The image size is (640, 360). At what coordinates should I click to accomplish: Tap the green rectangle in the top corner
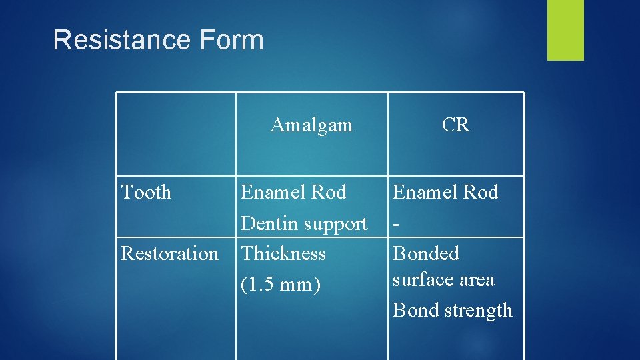pos(565,30)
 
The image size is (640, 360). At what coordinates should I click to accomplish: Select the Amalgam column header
pos(311,125)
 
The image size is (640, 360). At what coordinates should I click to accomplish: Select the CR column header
pos(455,125)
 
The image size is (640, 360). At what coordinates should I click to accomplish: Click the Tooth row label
pos(146,193)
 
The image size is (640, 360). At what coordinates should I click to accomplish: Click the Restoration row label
pos(169,254)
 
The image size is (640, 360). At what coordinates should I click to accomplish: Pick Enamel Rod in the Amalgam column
pos(293,193)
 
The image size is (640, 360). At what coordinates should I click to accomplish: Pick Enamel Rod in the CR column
pos(445,193)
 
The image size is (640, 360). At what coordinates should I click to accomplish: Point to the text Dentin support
pos(304,224)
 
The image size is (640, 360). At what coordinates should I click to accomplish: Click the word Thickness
pos(283,254)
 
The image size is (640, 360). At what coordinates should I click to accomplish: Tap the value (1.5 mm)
pos(281,285)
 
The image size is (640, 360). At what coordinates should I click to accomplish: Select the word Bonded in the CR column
pos(426,254)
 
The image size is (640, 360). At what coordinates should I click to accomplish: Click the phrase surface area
pos(443,280)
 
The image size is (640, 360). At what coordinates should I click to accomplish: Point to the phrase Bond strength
pos(453,310)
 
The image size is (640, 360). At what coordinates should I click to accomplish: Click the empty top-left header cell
pos(176,133)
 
